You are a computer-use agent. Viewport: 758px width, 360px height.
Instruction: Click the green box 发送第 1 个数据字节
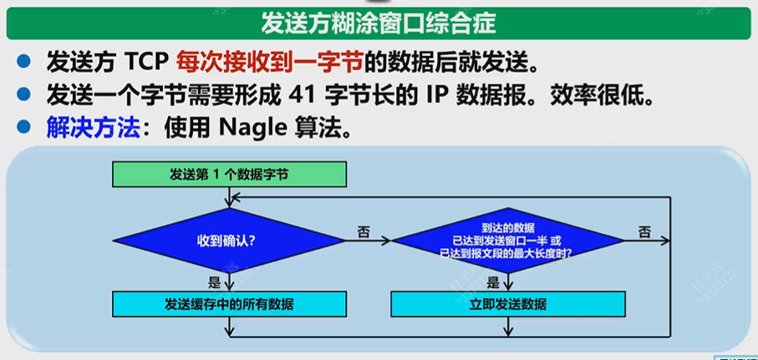click(229, 175)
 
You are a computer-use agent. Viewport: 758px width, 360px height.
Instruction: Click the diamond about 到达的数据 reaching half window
click(507, 241)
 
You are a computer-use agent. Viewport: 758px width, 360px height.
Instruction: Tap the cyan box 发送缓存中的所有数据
click(229, 303)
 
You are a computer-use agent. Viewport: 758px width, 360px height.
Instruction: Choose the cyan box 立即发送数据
click(507, 303)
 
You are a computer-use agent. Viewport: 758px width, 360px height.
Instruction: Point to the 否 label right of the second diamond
click(644, 231)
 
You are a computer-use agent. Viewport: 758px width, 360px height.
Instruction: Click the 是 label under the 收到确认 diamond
click(214, 282)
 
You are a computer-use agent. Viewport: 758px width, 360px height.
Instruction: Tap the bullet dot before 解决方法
click(25, 129)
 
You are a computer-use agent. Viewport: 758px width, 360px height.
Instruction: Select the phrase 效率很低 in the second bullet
click(601, 95)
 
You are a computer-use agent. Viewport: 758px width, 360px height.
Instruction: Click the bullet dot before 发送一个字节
click(25, 95)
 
